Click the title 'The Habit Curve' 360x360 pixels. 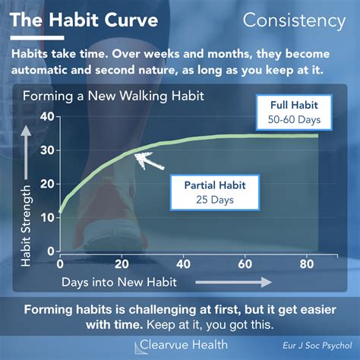tap(84, 20)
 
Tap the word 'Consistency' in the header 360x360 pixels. tap(294, 21)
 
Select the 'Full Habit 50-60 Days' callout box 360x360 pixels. tap(294, 112)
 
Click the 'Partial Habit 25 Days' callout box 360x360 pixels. tap(215, 192)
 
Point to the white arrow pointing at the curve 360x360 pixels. tap(150, 161)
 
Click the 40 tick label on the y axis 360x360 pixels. tap(47, 117)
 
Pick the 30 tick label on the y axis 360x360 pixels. tap(47, 150)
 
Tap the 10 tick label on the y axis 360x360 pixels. tap(47, 218)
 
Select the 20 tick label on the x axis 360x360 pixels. tap(122, 264)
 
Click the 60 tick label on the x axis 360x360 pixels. tap(245, 264)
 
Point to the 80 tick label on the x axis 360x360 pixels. tap(307, 264)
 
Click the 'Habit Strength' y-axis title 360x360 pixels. tap(26, 226)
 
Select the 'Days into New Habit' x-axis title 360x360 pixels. tap(119, 283)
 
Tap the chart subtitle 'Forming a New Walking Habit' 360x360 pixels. tap(113, 96)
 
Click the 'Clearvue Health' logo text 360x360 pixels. tap(184, 345)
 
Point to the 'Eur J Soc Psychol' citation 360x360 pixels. tap(317, 346)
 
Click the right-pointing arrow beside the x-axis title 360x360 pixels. tap(233, 282)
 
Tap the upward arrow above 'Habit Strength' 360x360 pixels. tap(26, 153)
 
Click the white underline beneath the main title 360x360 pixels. tap(37, 38)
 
